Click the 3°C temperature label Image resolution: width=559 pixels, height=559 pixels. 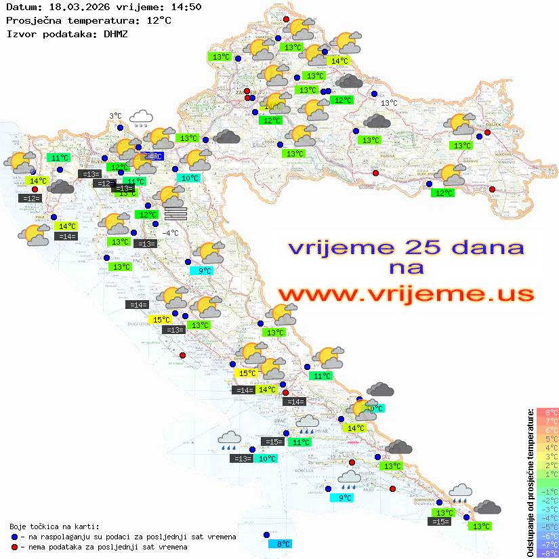pos(116,116)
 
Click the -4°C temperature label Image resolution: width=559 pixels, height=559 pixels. pos(170,232)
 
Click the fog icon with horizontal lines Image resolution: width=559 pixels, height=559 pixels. pos(175,213)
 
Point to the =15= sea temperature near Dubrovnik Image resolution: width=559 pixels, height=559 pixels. pos(440,521)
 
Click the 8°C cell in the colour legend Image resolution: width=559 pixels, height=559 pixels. pos(547,413)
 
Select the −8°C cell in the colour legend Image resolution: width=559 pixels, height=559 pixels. pos(547,553)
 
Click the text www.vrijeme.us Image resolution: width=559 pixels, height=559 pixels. pos(405,294)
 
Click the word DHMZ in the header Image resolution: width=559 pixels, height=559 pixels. pos(115,33)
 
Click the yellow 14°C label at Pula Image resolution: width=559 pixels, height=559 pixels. pos(66,226)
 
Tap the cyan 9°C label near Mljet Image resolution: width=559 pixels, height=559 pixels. pos(345,497)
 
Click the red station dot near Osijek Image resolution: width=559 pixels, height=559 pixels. pos(487,133)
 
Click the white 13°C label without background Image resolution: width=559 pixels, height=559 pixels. pos(389,103)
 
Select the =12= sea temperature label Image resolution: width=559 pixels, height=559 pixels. pos(30,199)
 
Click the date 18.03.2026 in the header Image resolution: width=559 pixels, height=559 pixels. pos(71,7)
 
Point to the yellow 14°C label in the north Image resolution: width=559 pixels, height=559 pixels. pos(338,61)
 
